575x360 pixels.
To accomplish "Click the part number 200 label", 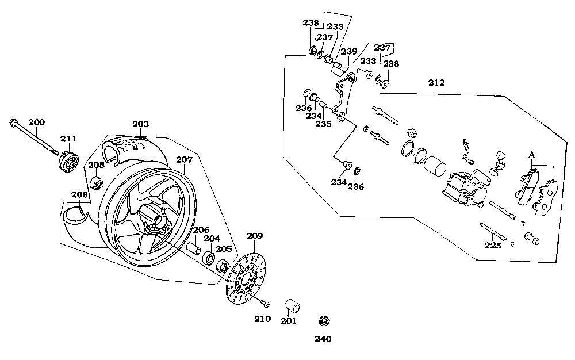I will pyautogui.click(x=36, y=122).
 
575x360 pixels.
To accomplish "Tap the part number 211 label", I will pyautogui.click(x=68, y=139).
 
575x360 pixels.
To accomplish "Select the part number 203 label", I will pyautogui.click(x=140, y=124).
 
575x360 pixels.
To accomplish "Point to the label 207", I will pyautogui.click(x=184, y=160).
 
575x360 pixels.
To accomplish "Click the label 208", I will pyautogui.click(x=79, y=195).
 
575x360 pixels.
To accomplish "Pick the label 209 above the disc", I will pyautogui.click(x=255, y=236).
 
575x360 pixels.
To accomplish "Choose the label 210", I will pyautogui.click(x=263, y=319).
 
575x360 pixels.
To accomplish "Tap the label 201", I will pyautogui.click(x=289, y=320).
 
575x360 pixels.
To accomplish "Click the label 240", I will pyautogui.click(x=323, y=339).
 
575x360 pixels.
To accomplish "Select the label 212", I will pyautogui.click(x=436, y=82).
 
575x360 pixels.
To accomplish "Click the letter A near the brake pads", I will pyautogui.click(x=532, y=155).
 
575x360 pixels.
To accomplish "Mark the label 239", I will pyautogui.click(x=348, y=52).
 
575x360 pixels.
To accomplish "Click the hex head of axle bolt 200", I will pyautogui.click(x=14, y=122).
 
